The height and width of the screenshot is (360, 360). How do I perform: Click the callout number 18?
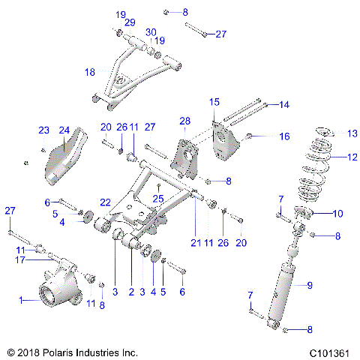(90, 72)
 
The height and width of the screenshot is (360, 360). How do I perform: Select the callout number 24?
(64, 130)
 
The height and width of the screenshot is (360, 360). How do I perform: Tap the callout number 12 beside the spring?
(352, 157)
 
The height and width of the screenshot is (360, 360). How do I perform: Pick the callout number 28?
(184, 120)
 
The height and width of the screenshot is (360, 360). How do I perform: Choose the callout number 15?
(214, 101)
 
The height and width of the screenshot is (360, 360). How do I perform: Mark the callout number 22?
(106, 202)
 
